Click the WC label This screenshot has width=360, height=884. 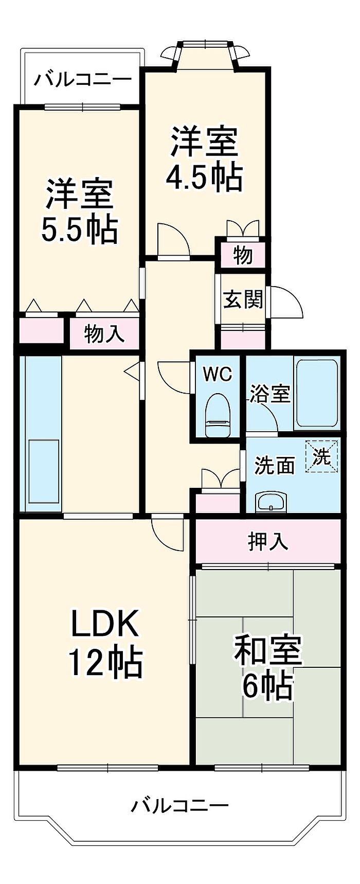pos(218,374)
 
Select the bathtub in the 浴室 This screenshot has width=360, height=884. pos(316,393)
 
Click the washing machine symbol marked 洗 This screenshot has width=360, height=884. pos(322,456)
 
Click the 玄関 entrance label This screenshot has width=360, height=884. pos(243,299)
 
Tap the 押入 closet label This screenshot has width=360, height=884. pos(268,541)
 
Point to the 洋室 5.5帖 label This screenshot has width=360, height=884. pos(80,211)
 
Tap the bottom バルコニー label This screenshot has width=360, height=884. pos(179,805)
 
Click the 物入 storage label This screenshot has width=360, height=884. pos(104,334)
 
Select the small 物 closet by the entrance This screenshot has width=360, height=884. pos(243,255)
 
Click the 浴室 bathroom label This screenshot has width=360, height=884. pos(271,394)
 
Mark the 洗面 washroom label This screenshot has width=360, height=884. pos(276,465)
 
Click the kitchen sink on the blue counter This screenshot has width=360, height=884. pos(44,471)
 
